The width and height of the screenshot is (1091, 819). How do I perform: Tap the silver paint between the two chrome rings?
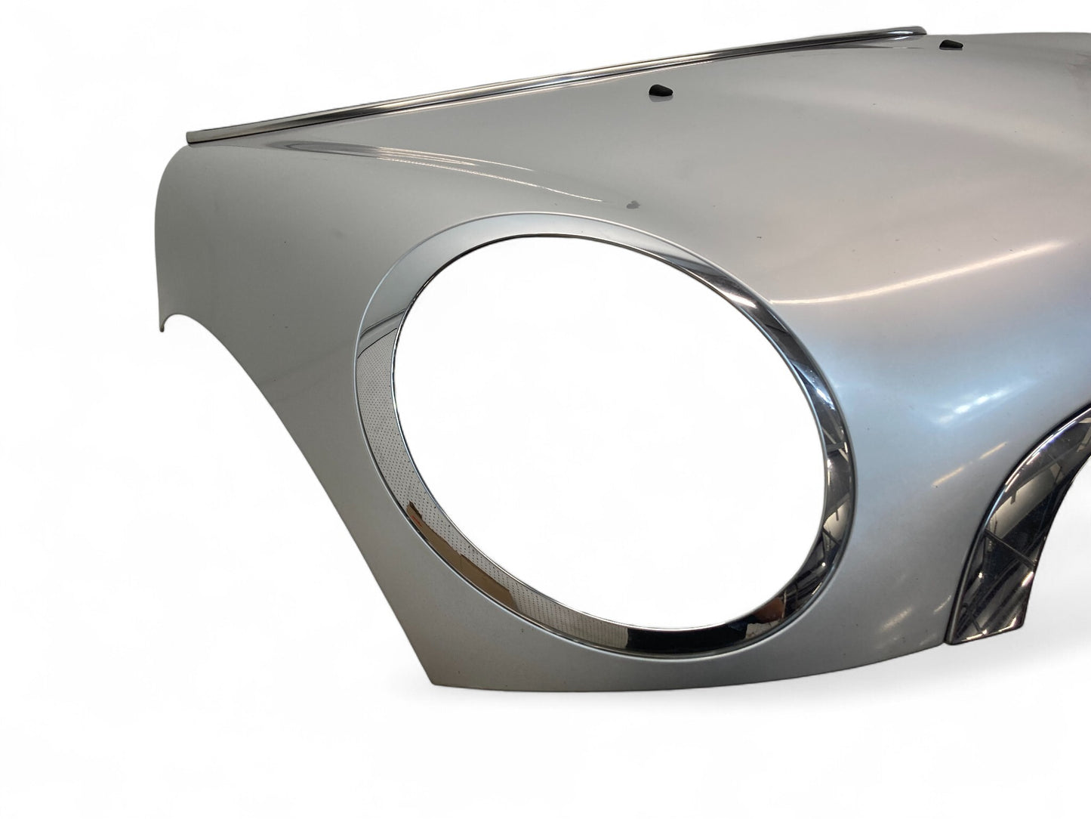(x=906, y=529)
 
